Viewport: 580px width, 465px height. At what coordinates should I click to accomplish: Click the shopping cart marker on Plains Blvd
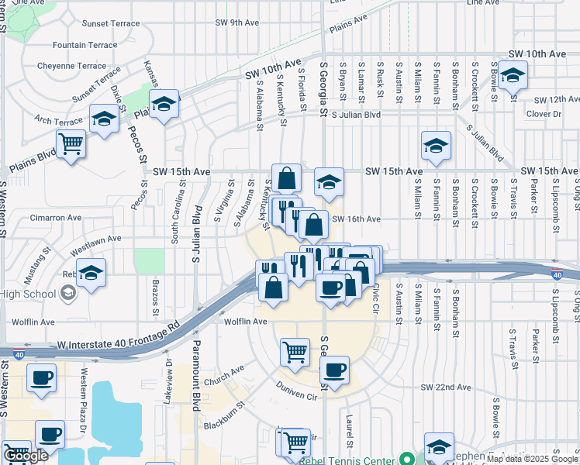71,144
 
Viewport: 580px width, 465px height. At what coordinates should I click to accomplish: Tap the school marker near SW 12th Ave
511,77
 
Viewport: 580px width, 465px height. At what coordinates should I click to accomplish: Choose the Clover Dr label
543,114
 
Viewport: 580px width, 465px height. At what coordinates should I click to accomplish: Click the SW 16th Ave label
356,219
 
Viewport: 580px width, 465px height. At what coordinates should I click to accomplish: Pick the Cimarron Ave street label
56,218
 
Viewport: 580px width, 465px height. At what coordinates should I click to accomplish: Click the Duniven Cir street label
298,395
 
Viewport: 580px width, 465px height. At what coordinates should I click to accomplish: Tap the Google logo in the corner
26,456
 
